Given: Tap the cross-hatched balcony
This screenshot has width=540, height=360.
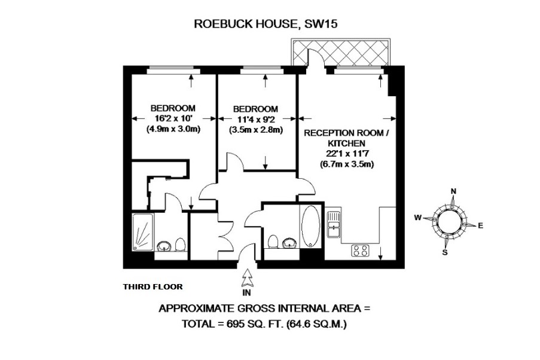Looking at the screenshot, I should (341, 51).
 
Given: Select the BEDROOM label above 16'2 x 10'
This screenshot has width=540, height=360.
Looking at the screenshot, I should (173, 108).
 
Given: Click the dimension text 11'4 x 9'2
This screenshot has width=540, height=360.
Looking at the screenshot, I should (255, 119).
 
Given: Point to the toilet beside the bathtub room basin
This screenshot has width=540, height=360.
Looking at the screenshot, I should (273, 242).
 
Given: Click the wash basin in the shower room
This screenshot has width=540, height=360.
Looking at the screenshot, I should (164, 246).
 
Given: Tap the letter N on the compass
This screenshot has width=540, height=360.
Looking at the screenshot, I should (453, 191).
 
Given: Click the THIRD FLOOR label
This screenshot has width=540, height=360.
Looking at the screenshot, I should (152, 286).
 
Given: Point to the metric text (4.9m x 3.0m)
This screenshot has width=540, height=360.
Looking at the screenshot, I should (173, 129).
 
